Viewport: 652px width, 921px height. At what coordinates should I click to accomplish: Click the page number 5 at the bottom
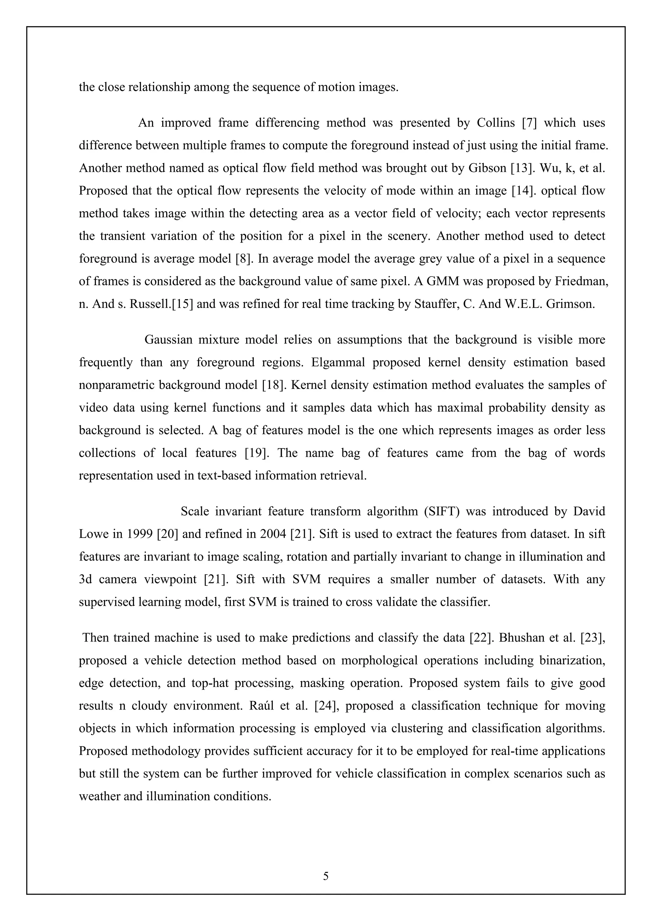pyautogui.click(x=326, y=876)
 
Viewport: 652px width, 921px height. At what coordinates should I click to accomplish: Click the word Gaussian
pyautogui.click(x=168, y=340)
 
